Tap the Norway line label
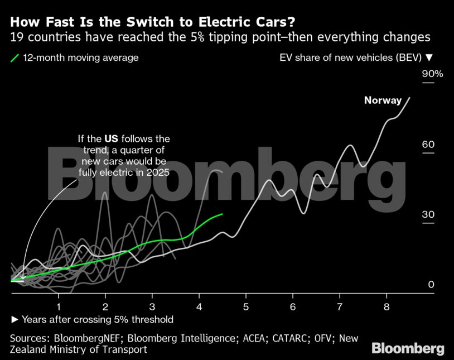pos(383,100)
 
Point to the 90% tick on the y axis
pos(432,74)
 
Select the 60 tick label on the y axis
pos(428,145)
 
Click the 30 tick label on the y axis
pos(428,215)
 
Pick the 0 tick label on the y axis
pos(431,285)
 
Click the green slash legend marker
pos(15,57)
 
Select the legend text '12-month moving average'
pos(81,57)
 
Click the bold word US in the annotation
pos(112,138)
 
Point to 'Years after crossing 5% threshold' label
pos(97,319)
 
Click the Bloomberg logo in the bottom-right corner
pos(408,349)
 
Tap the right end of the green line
pos(223,214)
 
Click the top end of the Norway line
pos(410,98)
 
